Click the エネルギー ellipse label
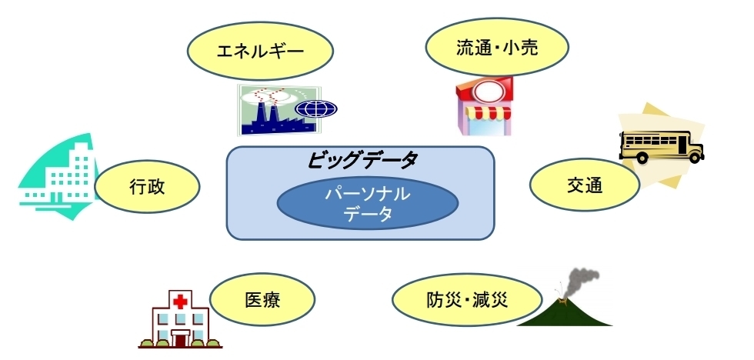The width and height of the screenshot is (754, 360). tap(260, 51)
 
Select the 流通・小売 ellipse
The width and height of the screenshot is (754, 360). tap(497, 47)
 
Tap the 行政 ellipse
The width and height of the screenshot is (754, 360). tap(147, 187)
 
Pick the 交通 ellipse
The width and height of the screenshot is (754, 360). tap(584, 185)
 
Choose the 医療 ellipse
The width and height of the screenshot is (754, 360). tap(262, 299)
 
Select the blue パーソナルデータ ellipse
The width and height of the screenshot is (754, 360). tap(368, 204)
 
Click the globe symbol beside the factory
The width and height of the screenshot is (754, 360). tap(316, 108)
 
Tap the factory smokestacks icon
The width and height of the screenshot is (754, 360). tap(278, 110)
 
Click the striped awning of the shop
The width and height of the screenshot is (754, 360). tap(489, 113)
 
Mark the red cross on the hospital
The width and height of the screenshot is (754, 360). tap(180, 302)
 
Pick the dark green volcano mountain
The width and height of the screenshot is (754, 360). tap(565, 312)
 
